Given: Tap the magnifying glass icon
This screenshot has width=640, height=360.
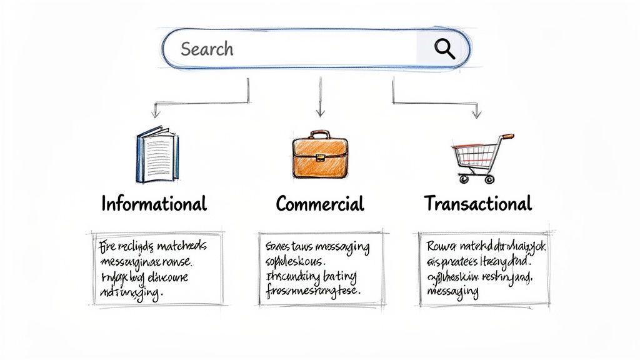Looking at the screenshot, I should coord(444,48).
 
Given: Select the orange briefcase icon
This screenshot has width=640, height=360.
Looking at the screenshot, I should coord(320,157).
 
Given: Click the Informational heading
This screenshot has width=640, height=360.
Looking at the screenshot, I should coord(154,204).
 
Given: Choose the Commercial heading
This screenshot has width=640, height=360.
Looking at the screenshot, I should coord(319,204).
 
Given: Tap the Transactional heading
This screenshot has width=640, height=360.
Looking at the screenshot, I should coord(478,203).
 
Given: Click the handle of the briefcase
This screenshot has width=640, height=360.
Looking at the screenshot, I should coord(320,134).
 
